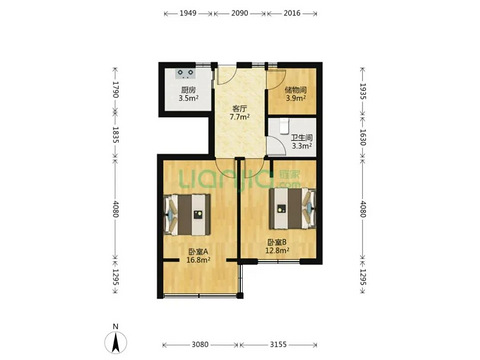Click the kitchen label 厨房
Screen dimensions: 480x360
point(188,90)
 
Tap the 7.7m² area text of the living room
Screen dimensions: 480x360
point(240,117)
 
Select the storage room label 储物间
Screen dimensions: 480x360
point(295,90)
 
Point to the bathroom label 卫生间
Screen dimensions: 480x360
point(302,138)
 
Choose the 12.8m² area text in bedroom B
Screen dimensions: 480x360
point(277,250)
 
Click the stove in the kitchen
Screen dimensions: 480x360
point(185,73)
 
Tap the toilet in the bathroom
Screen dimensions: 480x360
point(284,127)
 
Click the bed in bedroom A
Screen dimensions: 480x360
point(187,215)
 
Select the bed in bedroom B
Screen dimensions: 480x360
point(293,209)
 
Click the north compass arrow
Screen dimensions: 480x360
point(116,342)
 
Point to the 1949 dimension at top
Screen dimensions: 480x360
point(188,13)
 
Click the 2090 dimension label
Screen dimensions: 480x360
point(240,13)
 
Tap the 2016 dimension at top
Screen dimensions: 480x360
point(292,13)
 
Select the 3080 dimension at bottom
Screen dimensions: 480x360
point(200,344)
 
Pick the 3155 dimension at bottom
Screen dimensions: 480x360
point(278,344)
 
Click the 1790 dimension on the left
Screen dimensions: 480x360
point(115,89)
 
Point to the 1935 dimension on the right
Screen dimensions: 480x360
point(363,91)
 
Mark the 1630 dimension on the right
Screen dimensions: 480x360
point(363,137)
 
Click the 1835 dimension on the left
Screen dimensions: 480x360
point(115,135)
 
